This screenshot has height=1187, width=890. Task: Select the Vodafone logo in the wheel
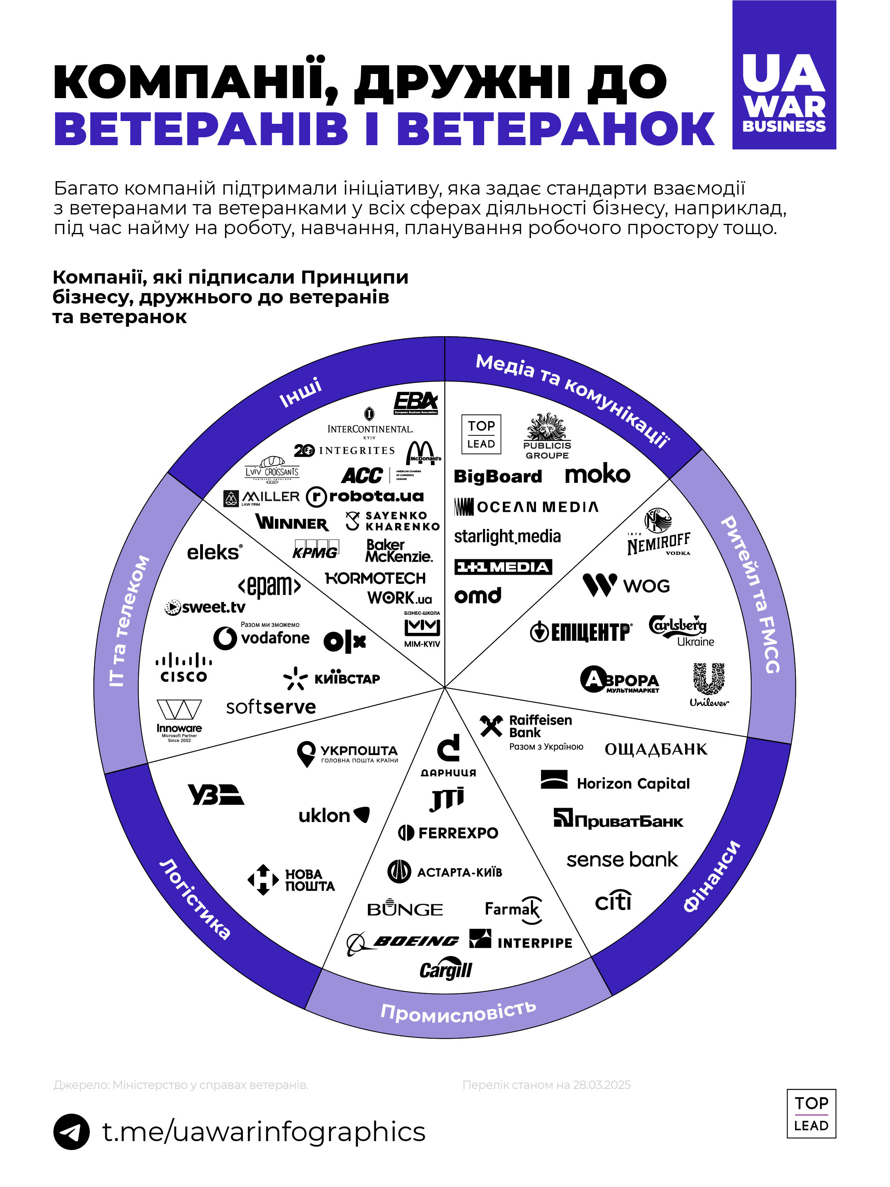click(261, 638)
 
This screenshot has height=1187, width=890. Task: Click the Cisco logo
click(184, 668)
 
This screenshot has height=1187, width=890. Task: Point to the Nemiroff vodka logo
click(659, 533)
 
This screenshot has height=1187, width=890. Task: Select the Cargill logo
click(445, 970)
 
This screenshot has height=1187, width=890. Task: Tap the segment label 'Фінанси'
click(711, 876)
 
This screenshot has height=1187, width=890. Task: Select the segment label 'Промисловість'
click(458, 1011)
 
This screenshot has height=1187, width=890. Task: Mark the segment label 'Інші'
click(301, 392)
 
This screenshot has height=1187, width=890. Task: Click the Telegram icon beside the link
click(71, 1131)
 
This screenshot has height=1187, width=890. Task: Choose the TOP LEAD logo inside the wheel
click(481, 434)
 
